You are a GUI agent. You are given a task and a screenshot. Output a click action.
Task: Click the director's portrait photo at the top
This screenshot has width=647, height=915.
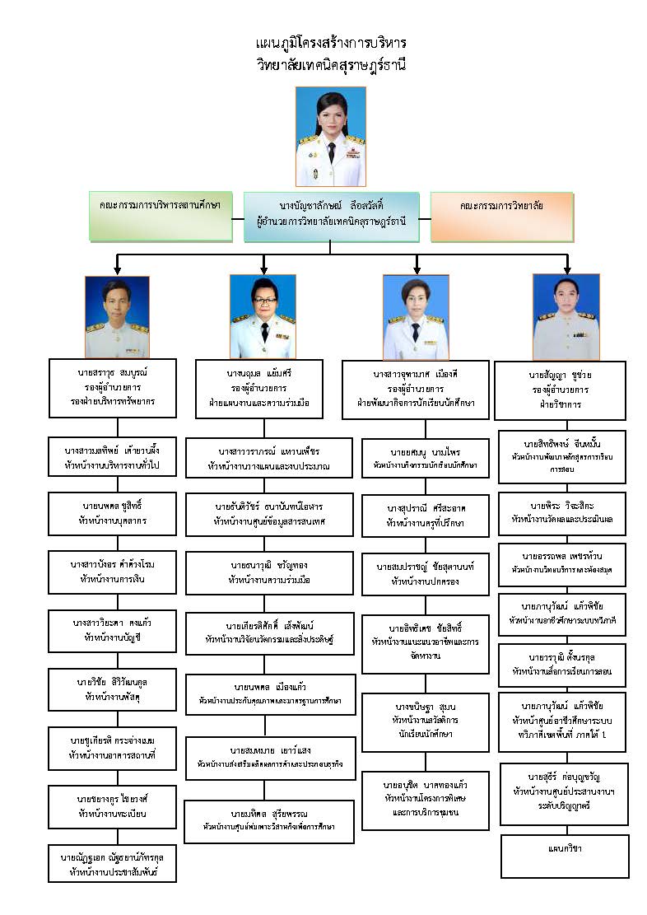pyautogui.click(x=330, y=136)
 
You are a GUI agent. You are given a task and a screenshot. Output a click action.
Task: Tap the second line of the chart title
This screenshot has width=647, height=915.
pyautogui.click(x=331, y=63)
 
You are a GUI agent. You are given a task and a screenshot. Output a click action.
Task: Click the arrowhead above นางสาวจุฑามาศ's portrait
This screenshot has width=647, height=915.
pyautogui.click(x=417, y=268)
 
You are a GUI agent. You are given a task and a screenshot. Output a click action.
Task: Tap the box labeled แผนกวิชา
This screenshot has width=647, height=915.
pyautogui.click(x=562, y=848)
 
